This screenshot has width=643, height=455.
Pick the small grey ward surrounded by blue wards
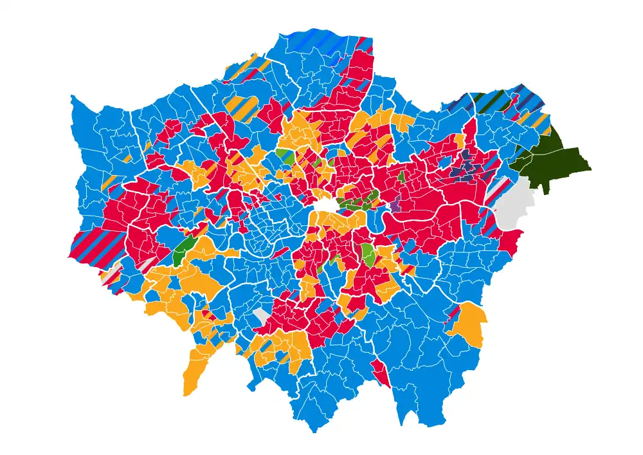pyautogui.click(x=260, y=315)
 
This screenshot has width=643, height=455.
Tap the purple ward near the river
pyautogui.click(x=395, y=206)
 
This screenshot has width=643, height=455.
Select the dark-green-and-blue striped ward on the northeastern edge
pyautogui.click(x=492, y=103)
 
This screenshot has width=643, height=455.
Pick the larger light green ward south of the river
pyautogui.click(x=369, y=254)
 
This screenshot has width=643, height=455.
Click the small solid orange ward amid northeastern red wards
pyautogui.click(x=459, y=140)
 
